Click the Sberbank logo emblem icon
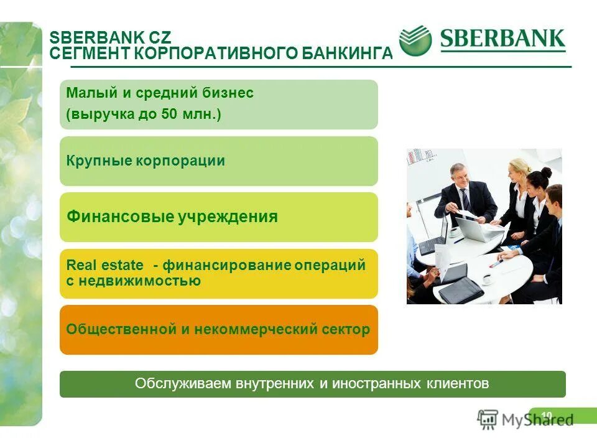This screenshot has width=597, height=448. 415,42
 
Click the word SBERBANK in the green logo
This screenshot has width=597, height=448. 502,40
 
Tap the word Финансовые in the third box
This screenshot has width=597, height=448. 119,217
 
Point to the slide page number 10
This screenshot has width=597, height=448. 547,416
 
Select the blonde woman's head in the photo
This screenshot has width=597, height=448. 518,170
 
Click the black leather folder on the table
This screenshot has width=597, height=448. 461,290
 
